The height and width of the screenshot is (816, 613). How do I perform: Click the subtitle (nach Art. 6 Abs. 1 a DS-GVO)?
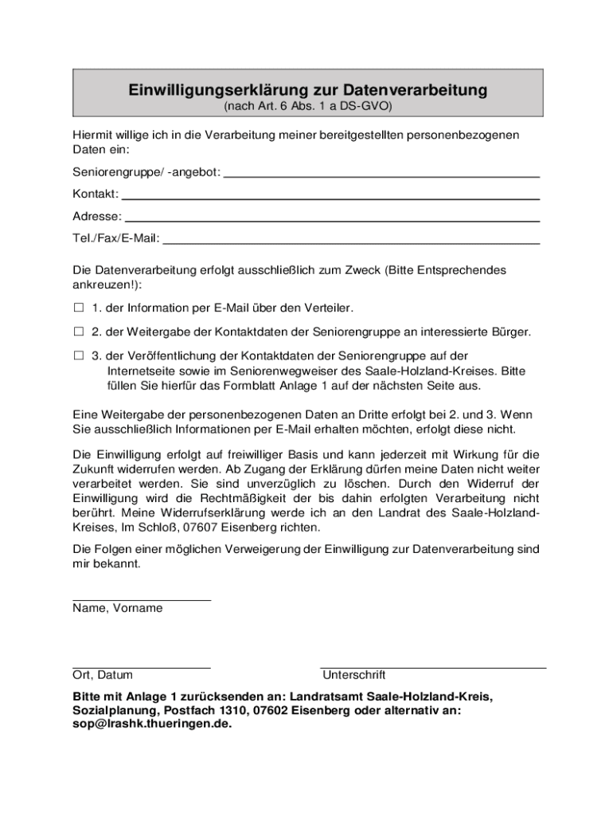point(307,105)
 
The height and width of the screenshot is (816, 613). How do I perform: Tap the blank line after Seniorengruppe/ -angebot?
point(382,175)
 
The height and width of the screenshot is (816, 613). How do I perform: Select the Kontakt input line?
point(330,197)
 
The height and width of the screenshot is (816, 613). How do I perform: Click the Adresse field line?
point(333,219)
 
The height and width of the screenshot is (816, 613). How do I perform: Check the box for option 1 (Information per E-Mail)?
point(79,308)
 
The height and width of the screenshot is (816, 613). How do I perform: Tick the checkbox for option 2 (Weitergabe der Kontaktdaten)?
point(79,331)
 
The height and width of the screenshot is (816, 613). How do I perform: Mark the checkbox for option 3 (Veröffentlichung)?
point(79,355)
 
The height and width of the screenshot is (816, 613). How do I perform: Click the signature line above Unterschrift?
point(433,667)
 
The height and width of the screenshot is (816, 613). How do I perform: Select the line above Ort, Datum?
point(142,667)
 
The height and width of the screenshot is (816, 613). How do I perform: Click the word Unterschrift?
point(353,675)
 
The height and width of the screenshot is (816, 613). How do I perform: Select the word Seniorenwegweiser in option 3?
point(270,371)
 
